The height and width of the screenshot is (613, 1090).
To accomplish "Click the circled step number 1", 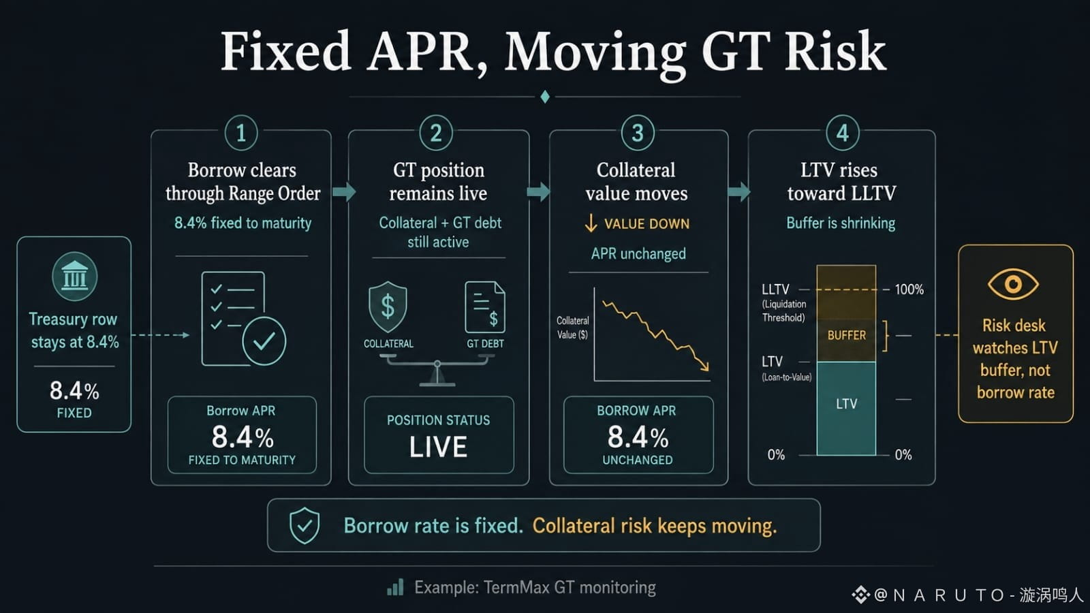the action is (x=241, y=133).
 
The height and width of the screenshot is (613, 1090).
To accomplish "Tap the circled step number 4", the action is (x=843, y=133).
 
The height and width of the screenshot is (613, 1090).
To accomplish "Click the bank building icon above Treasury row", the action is (x=74, y=277).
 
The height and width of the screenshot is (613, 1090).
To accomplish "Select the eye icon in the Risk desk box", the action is (x=1014, y=284).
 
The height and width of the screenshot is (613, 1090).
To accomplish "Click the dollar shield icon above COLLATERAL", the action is (x=388, y=307).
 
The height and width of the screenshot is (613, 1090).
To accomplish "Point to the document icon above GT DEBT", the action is (x=485, y=307).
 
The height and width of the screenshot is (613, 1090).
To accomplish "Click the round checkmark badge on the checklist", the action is (x=264, y=341).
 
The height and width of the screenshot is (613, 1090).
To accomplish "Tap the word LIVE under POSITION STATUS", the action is (x=439, y=447).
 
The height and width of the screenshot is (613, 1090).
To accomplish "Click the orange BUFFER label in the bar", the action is (x=847, y=336).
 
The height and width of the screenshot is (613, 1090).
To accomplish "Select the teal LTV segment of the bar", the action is (x=846, y=409).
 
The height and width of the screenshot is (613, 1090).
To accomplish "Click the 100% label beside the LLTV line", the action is (x=909, y=289).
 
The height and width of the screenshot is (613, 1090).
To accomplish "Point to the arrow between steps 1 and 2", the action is (x=345, y=191).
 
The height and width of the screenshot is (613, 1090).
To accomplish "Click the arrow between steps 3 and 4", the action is (x=739, y=191).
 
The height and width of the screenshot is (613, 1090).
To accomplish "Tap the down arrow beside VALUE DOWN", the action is (x=591, y=223).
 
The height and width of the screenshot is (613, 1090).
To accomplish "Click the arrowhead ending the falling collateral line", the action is (x=704, y=366).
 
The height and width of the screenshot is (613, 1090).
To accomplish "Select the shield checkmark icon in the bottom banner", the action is (x=305, y=525).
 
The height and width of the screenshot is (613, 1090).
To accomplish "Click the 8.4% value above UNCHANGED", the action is (x=638, y=437).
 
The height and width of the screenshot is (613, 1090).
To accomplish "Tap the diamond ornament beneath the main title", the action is (x=545, y=97).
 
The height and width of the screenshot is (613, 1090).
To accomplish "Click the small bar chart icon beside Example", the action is (x=395, y=587).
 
